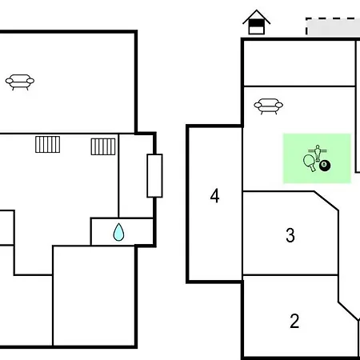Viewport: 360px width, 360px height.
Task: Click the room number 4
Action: click(x=214, y=196)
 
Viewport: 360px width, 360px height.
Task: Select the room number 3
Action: click(x=290, y=235)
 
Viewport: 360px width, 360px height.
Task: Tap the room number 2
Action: click(x=294, y=321)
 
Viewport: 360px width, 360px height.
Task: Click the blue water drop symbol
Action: click(x=118, y=232)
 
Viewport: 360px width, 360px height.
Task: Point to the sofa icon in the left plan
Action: click(x=20, y=82)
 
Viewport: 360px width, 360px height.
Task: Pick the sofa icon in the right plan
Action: click(x=269, y=106)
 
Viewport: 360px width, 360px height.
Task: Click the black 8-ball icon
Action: click(x=325, y=166)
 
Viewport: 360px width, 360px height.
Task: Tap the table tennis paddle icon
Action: click(x=310, y=162)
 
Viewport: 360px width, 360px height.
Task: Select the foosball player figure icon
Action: click(x=318, y=153)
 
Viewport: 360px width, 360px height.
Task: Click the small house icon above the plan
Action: click(x=257, y=22)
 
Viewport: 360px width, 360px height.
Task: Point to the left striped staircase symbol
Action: click(x=48, y=145)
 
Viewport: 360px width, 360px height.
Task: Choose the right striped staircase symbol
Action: click(x=103, y=146)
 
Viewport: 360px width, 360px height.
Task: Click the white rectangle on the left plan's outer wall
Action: click(x=154, y=176)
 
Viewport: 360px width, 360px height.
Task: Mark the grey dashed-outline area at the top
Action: click(x=333, y=26)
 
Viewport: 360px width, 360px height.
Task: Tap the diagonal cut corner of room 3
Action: click(x=326, y=201)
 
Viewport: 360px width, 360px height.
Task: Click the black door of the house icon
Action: click(x=256, y=23)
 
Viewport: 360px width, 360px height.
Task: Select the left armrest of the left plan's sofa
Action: click(x=10, y=80)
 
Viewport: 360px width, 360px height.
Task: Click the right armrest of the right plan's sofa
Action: click(x=279, y=105)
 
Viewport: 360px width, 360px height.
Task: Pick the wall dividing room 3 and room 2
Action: click(x=290, y=274)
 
